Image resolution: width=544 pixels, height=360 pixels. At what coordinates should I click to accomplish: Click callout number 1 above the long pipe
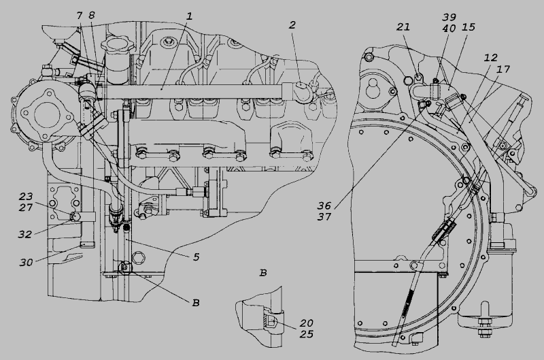189,16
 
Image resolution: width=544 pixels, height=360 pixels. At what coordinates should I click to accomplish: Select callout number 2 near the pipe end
292,25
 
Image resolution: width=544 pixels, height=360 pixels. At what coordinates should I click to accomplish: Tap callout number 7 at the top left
80,15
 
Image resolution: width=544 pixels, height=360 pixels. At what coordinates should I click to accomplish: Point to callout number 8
92,15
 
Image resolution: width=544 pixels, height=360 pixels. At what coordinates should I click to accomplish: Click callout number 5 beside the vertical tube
197,257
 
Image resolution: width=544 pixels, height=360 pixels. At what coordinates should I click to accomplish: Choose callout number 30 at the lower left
26,263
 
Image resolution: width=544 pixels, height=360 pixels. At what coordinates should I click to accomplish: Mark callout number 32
25,235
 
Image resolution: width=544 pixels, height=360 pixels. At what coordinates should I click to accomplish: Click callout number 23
26,197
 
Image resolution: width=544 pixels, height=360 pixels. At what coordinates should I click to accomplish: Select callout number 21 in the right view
403,27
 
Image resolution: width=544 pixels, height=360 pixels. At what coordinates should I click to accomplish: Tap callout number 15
469,27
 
